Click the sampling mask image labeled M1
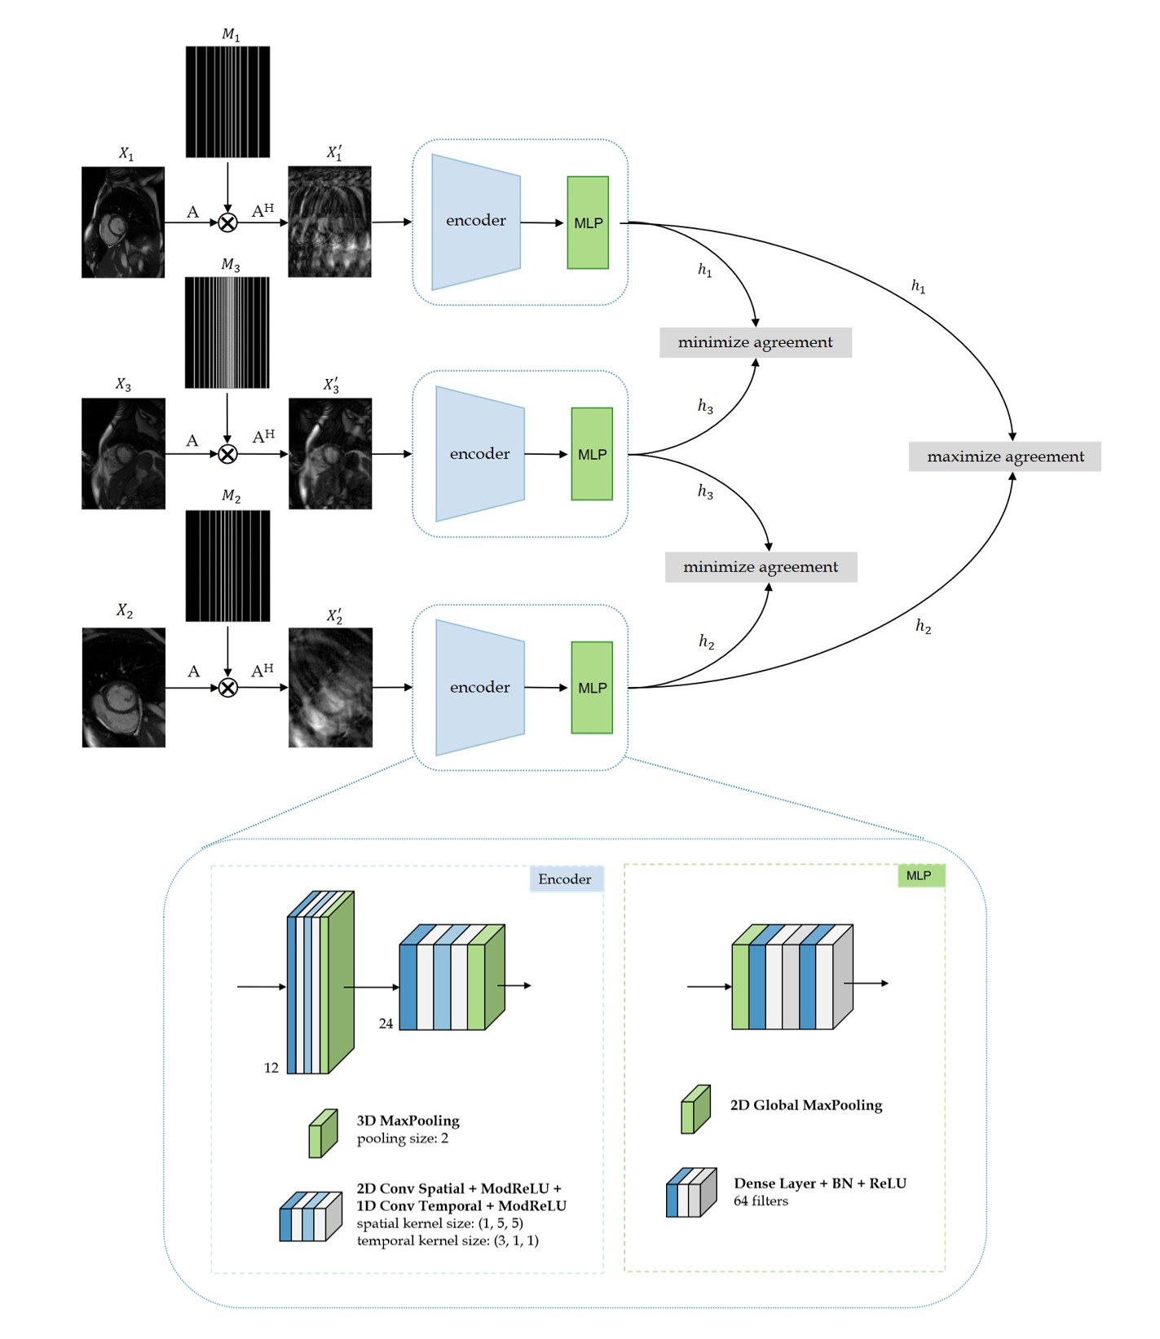click(227, 102)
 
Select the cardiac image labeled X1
click(123, 222)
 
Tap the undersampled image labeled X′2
click(330, 687)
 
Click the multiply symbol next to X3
click(228, 454)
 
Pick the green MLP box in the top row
click(588, 222)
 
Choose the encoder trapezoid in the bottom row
click(479, 687)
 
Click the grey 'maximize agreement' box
click(1004, 456)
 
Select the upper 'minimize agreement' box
click(756, 342)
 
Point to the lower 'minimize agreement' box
click(761, 567)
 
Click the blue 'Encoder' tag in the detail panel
click(566, 879)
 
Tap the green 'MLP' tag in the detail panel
click(920, 875)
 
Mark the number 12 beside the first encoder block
click(271, 1068)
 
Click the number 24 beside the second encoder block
click(386, 1023)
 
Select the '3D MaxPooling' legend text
click(408, 1121)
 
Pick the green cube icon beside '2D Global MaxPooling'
click(695, 1109)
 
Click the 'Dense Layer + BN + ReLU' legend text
click(819, 1183)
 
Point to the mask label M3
click(231, 266)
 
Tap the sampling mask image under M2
click(227, 566)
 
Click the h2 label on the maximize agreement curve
click(923, 626)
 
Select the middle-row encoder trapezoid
click(479, 454)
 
